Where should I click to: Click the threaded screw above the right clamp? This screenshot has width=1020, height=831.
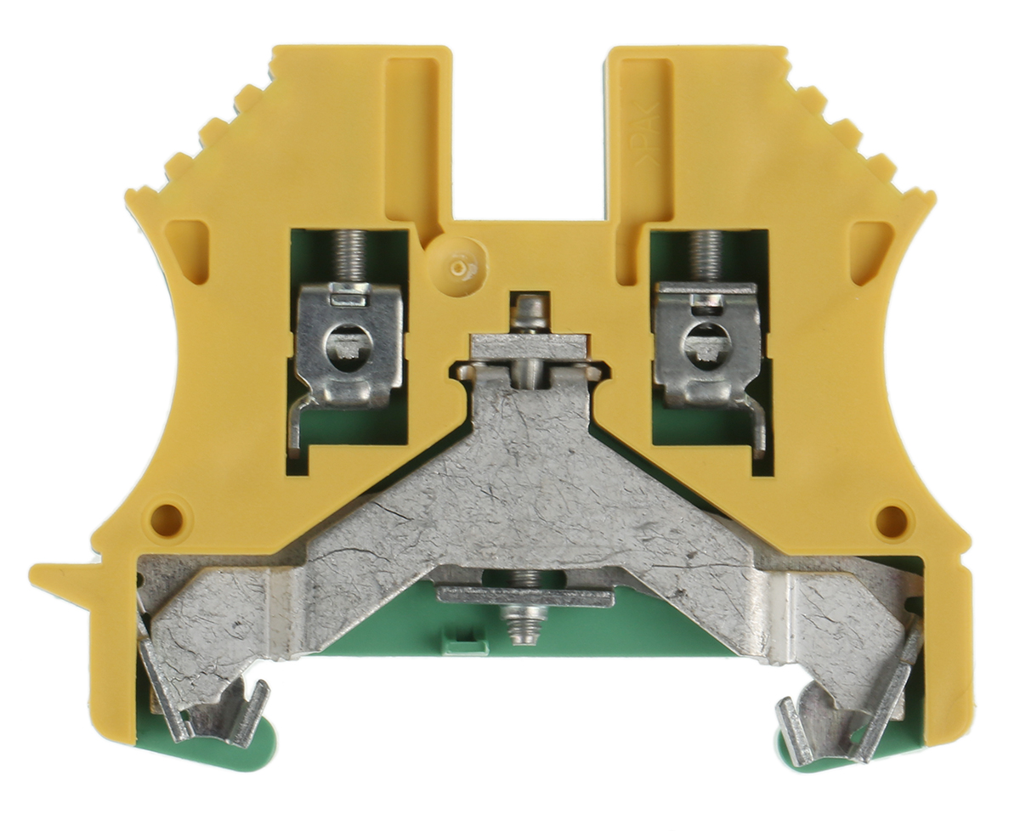[x=705, y=256]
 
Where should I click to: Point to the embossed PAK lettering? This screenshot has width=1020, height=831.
[x=657, y=128]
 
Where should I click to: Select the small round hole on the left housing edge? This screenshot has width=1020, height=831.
[x=167, y=517]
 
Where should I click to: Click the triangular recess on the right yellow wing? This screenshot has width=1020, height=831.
[x=872, y=247]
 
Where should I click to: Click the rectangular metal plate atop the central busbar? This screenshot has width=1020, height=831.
[x=529, y=346]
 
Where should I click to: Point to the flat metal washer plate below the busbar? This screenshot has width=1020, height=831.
[x=525, y=596]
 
